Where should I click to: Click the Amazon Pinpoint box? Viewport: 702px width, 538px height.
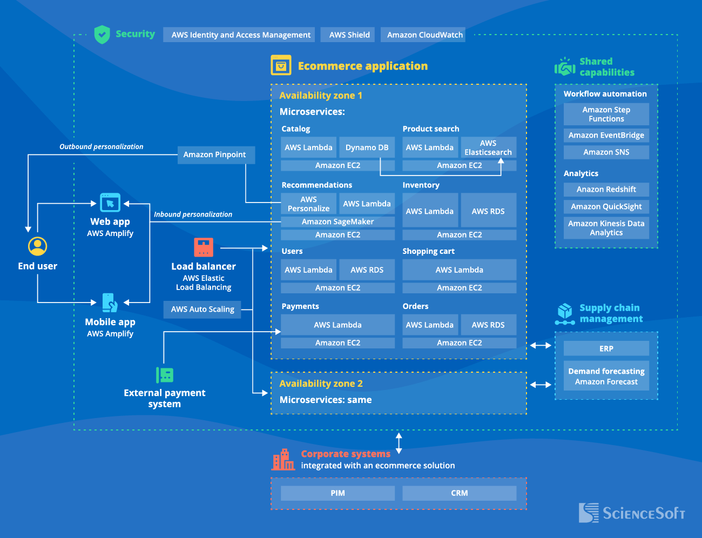pyautogui.click(x=215, y=154)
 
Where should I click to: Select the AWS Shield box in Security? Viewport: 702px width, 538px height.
pyautogui.click(x=349, y=35)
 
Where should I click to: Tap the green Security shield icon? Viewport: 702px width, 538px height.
pyautogui.click(x=102, y=35)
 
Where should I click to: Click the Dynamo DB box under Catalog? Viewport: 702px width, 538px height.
pyautogui.click(x=367, y=147)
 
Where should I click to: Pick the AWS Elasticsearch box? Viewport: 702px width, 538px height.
pyautogui.click(x=488, y=147)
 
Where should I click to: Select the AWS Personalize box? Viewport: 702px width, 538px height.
pyautogui.click(x=308, y=204)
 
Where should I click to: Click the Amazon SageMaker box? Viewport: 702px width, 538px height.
pyautogui.click(x=337, y=221)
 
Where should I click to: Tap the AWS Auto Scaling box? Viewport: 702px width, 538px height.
pyautogui.click(x=202, y=310)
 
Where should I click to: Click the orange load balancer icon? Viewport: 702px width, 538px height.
pyautogui.click(x=204, y=247)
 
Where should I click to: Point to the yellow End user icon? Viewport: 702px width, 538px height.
pyautogui.click(x=38, y=246)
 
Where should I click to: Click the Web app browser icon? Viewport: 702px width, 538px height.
pyautogui.click(x=110, y=203)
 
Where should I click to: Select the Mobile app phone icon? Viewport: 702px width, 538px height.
pyautogui.click(x=110, y=302)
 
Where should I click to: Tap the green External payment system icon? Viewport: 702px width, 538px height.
pyautogui.click(x=165, y=375)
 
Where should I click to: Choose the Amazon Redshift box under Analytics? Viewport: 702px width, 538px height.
pyautogui.click(x=606, y=190)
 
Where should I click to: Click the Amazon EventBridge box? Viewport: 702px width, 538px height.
pyautogui.click(x=606, y=136)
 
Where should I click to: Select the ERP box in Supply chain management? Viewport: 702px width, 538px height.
pyautogui.click(x=606, y=348)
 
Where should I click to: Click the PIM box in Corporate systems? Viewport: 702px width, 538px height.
pyautogui.click(x=337, y=493)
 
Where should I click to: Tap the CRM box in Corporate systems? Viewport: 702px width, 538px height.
pyautogui.click(x=459, y=493)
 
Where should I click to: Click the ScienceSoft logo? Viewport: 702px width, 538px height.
pyautogui.click(x=632, y=513)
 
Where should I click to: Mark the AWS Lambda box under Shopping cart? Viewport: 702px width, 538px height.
pyautogui.click(x=459, y=270)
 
